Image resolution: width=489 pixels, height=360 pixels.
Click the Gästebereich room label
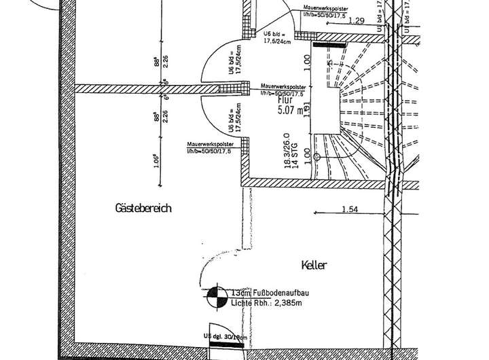click(143, 209)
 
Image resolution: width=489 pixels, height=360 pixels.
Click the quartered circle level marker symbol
click(217, 295)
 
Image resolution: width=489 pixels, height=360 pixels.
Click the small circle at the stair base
click(316, 157)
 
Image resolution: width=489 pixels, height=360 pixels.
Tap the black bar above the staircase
click(330, 44)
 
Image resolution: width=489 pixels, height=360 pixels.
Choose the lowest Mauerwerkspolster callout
click(211, 147)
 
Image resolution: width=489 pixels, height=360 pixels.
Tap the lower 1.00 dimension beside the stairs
click(307, 154)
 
